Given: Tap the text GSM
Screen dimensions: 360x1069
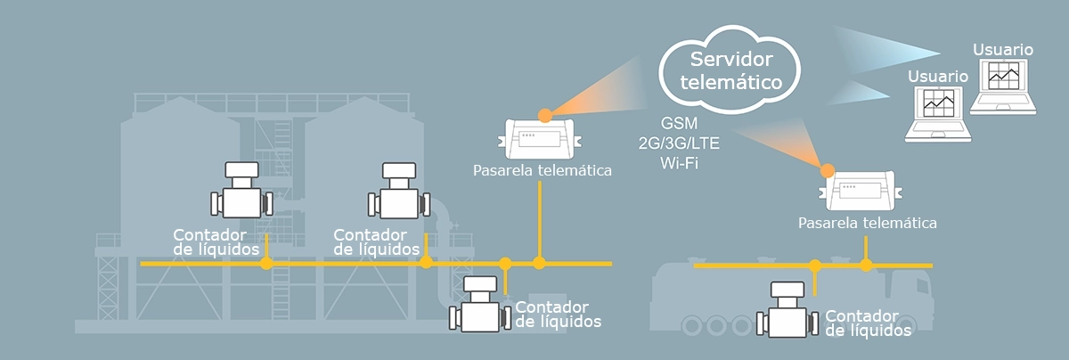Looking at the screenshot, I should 680,123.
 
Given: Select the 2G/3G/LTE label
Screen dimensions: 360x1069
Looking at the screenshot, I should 680,143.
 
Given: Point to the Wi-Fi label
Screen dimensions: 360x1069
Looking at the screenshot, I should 680,163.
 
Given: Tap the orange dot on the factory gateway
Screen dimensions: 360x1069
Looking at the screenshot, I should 545,113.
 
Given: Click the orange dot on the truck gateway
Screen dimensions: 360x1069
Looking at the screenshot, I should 828,169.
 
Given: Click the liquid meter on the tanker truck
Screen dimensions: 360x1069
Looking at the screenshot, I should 785,312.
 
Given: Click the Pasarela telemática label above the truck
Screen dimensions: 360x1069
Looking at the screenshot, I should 868,222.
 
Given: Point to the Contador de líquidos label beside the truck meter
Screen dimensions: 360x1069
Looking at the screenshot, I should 868,323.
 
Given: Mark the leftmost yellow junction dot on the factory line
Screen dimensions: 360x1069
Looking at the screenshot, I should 265,263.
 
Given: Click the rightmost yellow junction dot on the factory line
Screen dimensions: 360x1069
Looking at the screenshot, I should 539,262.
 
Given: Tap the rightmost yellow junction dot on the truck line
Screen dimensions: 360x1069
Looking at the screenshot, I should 866,265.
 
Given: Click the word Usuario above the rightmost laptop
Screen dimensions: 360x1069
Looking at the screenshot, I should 1003,49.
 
